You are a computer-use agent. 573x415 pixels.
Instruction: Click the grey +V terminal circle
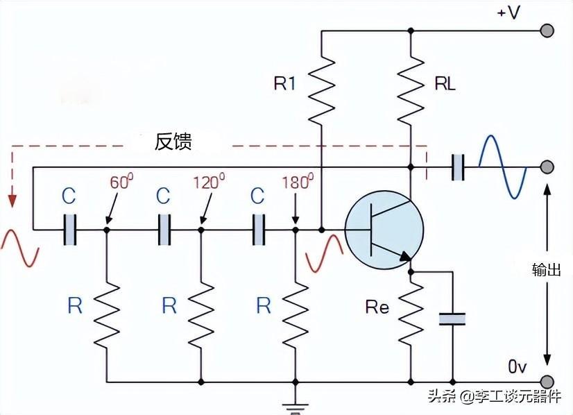coord(547,31)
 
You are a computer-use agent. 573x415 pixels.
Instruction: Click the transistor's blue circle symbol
coord(384,230)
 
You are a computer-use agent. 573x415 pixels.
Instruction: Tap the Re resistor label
coord(377,307)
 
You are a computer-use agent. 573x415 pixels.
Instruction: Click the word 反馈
coord(173,142)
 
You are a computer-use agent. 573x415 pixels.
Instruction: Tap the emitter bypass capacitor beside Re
coord(452,319)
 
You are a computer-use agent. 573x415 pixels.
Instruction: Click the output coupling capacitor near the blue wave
coord(458,167)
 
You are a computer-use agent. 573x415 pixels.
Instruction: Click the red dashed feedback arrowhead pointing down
coord(11,201)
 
